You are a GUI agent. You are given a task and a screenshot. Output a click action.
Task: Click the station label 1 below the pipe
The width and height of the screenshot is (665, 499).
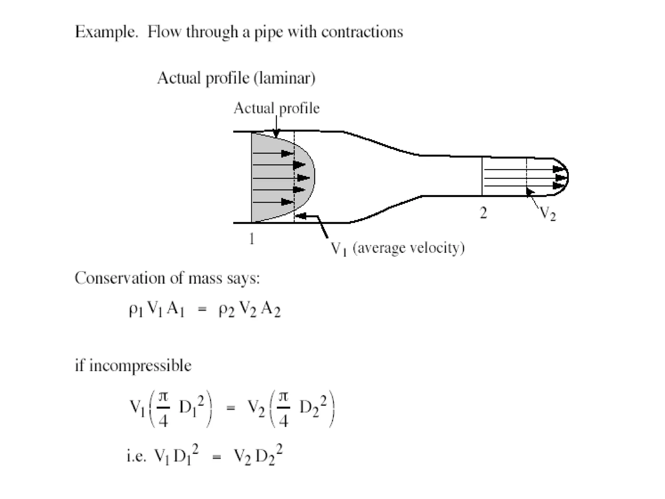pos(251,239)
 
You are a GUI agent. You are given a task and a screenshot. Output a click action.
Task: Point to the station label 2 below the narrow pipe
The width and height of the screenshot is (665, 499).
pos(483,213)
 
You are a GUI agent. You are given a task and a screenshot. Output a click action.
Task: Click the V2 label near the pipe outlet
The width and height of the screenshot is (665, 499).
pos(547,214)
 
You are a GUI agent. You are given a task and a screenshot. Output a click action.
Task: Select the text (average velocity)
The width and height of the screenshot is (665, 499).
pos(408,248)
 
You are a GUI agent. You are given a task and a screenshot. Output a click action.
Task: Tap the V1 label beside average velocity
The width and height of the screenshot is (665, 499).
pos(339,249)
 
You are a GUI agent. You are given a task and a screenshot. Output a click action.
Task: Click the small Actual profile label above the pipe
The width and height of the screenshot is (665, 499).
pos(276,108)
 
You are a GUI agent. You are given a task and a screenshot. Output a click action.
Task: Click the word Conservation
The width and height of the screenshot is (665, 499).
pos(119,278)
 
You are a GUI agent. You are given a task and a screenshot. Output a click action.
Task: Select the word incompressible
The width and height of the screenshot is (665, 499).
pos(140,366)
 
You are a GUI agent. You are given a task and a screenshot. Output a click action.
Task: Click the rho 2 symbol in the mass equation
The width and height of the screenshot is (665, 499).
pos(226,310)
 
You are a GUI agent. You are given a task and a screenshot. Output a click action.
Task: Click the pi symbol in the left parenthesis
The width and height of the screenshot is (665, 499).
pos(163,397)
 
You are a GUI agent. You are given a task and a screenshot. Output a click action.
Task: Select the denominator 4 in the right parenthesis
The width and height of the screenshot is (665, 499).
pos(283,421)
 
